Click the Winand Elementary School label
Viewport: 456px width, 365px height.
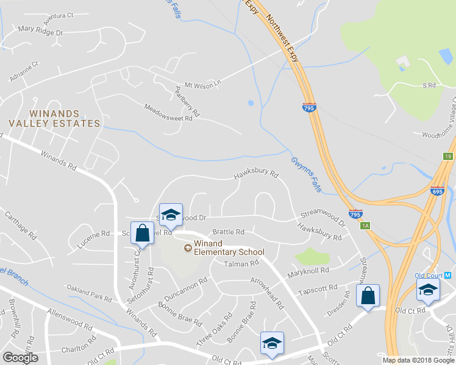[229, 248]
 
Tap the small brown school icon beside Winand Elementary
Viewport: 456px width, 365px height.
[188, 248]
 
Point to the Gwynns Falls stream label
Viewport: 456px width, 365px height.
[305, 173]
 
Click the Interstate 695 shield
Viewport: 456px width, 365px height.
[437, 190]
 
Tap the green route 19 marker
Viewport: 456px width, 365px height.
[449, 157]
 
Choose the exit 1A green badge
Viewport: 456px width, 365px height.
[365, 226]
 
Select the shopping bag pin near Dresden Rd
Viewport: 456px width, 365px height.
[368, 296]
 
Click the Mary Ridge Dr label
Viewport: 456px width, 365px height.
[41, 30]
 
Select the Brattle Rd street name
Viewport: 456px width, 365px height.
[228, 232]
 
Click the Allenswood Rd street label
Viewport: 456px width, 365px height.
[71, 319]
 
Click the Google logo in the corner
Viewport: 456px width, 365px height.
[21, 358]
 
